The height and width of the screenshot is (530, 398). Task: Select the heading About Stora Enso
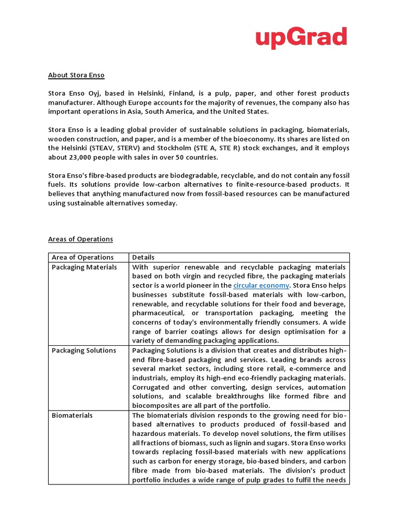(x=76, y=75)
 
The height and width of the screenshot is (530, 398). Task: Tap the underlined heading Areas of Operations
(x=80, y=239)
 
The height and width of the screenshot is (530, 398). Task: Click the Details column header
(x=143, y=257)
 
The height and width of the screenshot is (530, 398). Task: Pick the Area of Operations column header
(x=82, y=257)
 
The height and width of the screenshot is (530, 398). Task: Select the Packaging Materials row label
(x=84, y=267)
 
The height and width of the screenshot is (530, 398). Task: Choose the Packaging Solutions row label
(x=84, y=350)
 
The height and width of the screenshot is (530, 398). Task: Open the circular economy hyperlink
(x=261, y=286)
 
